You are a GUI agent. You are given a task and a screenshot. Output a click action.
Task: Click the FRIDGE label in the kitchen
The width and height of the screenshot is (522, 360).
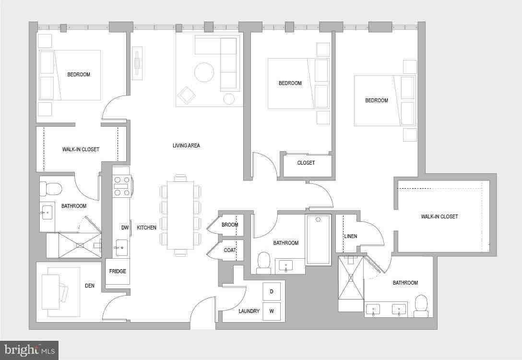[x=118, y=271]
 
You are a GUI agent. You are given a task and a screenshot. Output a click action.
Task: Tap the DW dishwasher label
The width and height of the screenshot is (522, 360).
[x=125, y=228]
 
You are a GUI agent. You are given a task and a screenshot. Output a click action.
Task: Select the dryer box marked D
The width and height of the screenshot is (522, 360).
[x=272, y=291]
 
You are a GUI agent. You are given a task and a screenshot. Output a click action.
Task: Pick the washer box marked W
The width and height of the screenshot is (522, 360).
[x=272, y=311]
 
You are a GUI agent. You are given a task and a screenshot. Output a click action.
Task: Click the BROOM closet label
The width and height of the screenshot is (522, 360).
[x=230, y=225]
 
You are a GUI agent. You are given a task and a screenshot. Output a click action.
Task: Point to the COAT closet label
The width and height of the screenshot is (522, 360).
[x=230, y=250]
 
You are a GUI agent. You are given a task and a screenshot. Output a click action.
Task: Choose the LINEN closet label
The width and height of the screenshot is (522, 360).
[x=350, y=236]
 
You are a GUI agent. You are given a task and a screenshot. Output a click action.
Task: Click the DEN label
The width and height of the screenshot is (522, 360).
[x=90, y=286]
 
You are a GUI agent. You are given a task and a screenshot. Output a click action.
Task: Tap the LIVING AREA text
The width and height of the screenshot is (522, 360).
[x=186, y=145]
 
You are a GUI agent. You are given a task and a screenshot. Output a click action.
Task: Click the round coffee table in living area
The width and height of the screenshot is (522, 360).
[x=204, y=72]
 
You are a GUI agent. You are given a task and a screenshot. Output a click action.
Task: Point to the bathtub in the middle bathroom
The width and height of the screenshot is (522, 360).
[x=318, y=240]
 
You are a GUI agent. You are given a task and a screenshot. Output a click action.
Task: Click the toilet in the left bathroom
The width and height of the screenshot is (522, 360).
[x=53, y=189]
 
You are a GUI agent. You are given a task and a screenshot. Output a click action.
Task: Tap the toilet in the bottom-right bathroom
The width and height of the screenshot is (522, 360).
[x=421, y=306]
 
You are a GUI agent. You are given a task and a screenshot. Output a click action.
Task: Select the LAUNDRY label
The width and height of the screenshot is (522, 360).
[x=249, y=311]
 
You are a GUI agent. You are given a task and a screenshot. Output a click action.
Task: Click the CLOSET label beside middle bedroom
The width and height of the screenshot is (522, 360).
[x=306, y=163]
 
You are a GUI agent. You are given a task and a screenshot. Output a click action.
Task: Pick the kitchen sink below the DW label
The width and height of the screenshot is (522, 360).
[x=121, y=248]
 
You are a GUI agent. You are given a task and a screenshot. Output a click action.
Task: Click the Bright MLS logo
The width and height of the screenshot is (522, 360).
[x=29, y=350]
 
